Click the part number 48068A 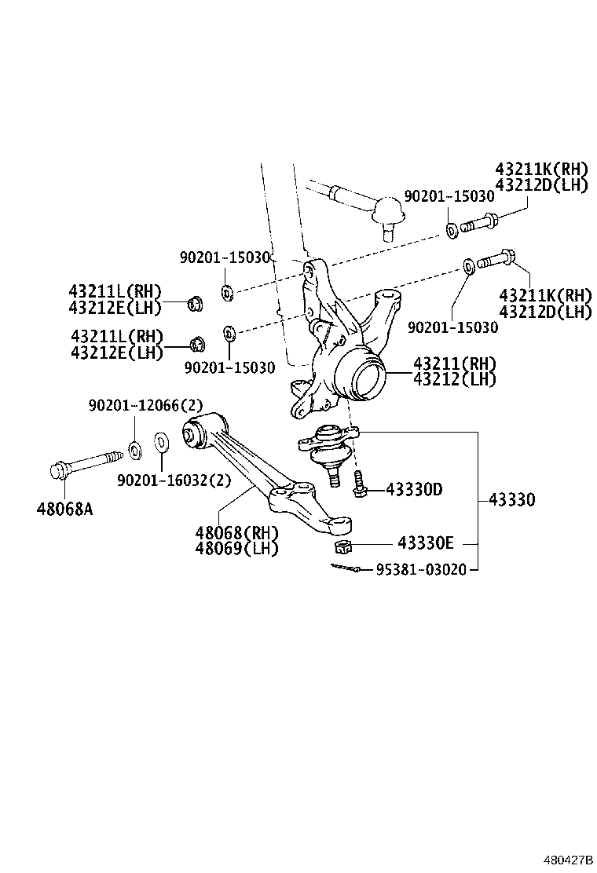coord(64,509)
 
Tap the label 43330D coord(414,490)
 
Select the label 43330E coord(426,542)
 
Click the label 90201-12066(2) coord(145,405)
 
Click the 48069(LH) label coord(237,549)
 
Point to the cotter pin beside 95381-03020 coord(343,568)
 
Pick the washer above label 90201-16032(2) coord(161,442)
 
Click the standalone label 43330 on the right coord(511,499)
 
